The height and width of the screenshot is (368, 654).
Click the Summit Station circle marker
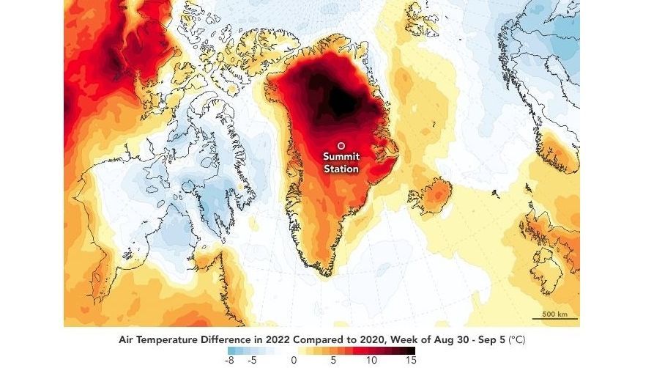tap(341, 145)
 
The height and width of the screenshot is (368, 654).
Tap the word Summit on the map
tap(342, 157)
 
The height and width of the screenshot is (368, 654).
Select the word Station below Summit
tap(342, 169)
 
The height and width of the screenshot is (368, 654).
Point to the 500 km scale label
tap(554, 314)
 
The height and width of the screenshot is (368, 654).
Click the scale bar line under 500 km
tap(554, 319)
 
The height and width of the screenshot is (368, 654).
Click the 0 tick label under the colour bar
tap(293, 360)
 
